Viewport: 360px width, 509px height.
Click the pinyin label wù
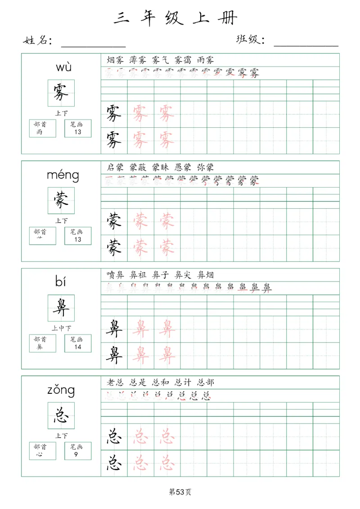pos(63,68)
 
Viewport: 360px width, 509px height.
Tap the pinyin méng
pos(63,175)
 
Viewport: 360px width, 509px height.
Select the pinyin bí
pos(61,282)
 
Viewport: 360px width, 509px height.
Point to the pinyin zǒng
pos(61,390)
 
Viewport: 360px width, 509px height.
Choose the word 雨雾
pos(205,60)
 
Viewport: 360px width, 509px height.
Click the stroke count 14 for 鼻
pos(78,347)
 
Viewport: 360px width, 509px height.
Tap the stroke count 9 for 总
pos(78,455)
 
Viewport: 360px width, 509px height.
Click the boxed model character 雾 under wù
pos(61,93)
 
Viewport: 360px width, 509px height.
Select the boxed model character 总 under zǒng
pos(61,415)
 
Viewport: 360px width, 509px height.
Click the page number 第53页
pos(180,492)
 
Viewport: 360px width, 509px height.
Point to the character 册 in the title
pos(228,18)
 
